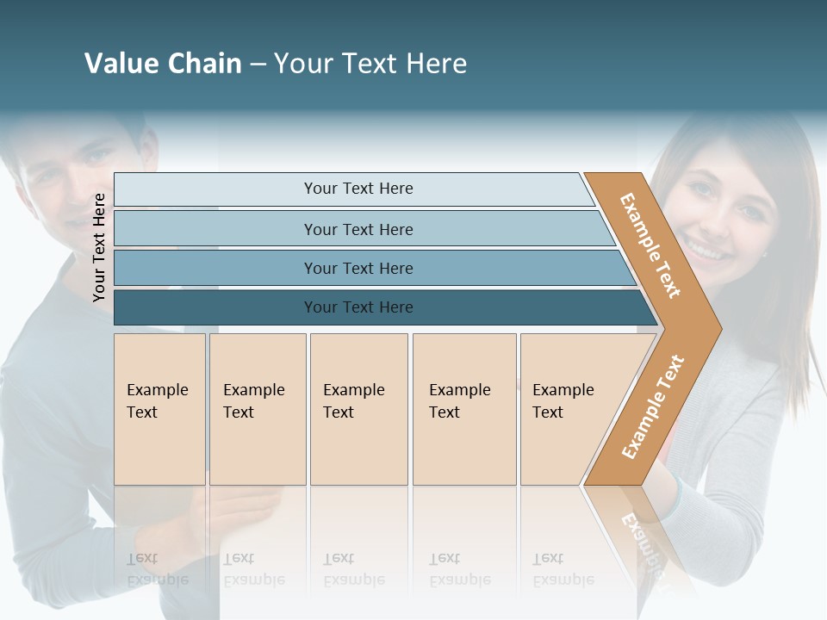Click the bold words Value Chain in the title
[163, 64]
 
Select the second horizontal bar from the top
[358, 229]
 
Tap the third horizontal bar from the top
[358, 268]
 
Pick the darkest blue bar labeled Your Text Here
[358, 307]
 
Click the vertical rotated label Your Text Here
[99, 247]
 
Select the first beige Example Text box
[159, 409]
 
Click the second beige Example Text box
[257, 409]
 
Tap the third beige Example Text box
[358, 409]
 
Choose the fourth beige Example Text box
[463, 409]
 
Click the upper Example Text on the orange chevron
[650, 245]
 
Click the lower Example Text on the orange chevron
[653, 406]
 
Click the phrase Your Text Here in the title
[370, 64]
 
